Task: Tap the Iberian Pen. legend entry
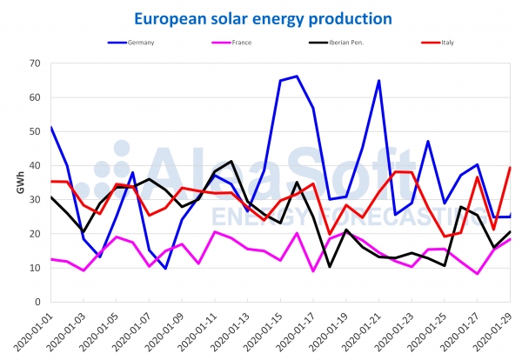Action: [x=347, y=42]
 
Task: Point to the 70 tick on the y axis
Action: [x=36, y=63]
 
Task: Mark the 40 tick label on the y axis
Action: [x=36, y=166]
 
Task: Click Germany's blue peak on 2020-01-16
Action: [x=297, y=77]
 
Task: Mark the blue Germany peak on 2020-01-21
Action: [x=379, y=81]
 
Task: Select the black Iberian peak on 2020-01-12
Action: [x=231, y=162]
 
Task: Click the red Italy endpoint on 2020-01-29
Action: [x=510, y=168]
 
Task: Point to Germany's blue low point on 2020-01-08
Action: [x=165, y=269]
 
